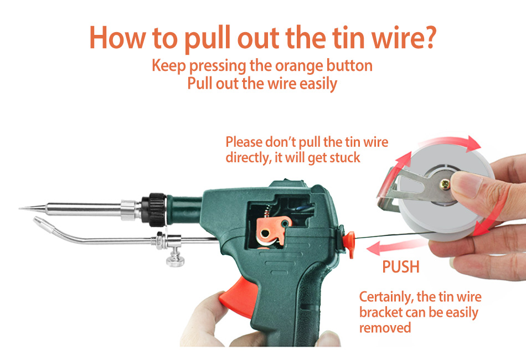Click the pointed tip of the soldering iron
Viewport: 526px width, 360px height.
[x=20, y=208]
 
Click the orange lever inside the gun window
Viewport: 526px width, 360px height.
[x=272, y=231]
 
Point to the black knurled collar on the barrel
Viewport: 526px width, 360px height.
[x=153, y=209]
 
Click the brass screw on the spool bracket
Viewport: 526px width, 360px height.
[x=446, y=183]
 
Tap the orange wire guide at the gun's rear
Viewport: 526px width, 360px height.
[x=349, y=243]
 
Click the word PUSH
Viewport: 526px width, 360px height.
[x=401, y=267]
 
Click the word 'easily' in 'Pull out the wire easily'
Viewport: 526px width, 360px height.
[x=318, y=84]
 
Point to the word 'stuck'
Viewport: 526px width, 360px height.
[x=345, y=157]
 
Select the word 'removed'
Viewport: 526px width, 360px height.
[x=385, y=327]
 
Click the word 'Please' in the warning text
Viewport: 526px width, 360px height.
[x=244, y=142]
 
